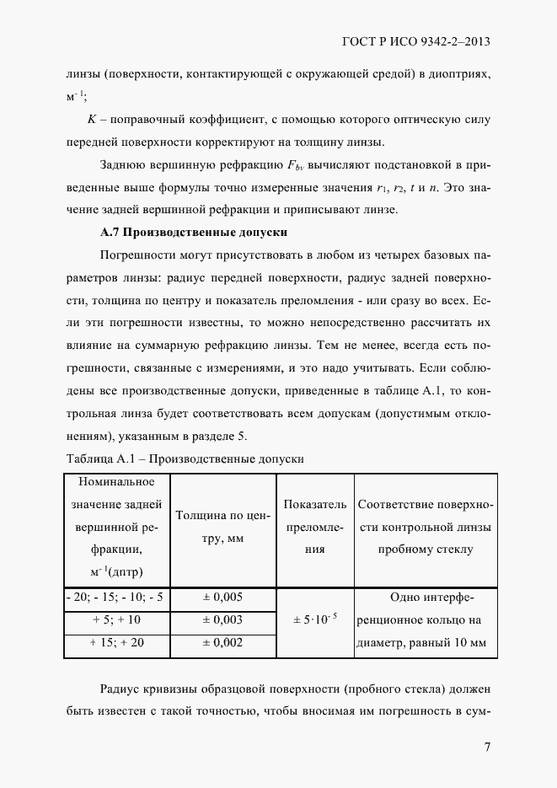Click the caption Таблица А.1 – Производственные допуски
point(184,459)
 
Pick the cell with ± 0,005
point(222,597)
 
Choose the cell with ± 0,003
point(222,619)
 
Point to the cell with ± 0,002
point(222,642)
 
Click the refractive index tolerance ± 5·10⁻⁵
point(314,619)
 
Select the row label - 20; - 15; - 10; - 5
point(116,597)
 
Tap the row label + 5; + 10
point(116,619)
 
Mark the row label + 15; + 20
point(116,642)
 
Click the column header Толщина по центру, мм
point(222,528)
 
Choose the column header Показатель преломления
point(314,527)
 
